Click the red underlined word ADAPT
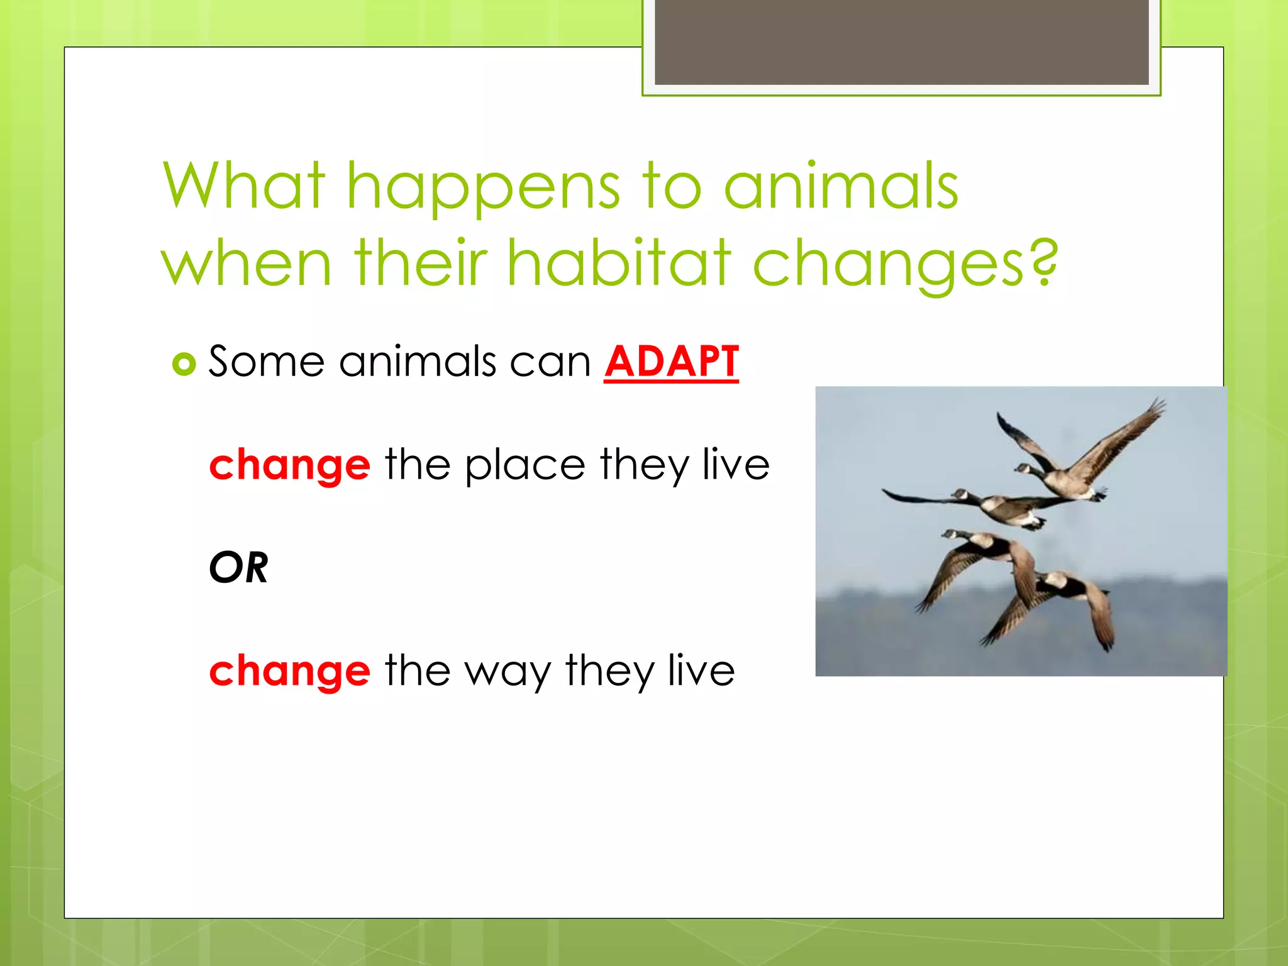(x=671, y=362)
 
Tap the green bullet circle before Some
(x=184, y=364)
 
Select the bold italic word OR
(x=238, y=567)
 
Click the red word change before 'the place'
(x=289, y=465)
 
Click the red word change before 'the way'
(x=289, y=671)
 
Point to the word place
(x=525, y=465)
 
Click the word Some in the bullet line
(x=266, y=362)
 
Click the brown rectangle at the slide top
(x=901, y=42)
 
